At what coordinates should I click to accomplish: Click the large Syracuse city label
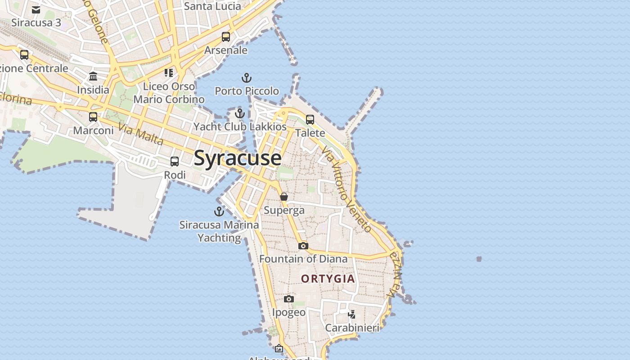[238, 158]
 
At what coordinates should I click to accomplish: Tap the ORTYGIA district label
[328, 279]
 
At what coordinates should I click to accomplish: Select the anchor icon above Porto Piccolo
[246, 78]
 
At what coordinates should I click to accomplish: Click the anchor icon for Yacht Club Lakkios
[240, 113]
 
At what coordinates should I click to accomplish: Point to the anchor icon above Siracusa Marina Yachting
[219, 211]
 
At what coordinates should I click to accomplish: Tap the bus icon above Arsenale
[226, 37]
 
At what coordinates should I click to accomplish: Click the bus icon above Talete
[310, 119]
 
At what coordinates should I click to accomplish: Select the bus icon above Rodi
[175, 161]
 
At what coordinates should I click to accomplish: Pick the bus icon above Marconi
[93, 117]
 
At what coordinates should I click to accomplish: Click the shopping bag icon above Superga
[284, 197]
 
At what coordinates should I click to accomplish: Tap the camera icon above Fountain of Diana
[303, 246]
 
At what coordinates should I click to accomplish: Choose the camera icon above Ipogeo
[289, 299]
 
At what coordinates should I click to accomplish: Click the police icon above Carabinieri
[352, 314]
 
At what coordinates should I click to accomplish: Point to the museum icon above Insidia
[93, 76]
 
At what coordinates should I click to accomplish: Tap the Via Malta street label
[141, 134]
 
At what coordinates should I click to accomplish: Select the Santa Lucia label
[213, 6]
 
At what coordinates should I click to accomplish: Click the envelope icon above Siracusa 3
[36, 9]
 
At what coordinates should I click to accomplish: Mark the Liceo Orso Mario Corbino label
[169, 93]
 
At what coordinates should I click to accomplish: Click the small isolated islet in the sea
[479, 259]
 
